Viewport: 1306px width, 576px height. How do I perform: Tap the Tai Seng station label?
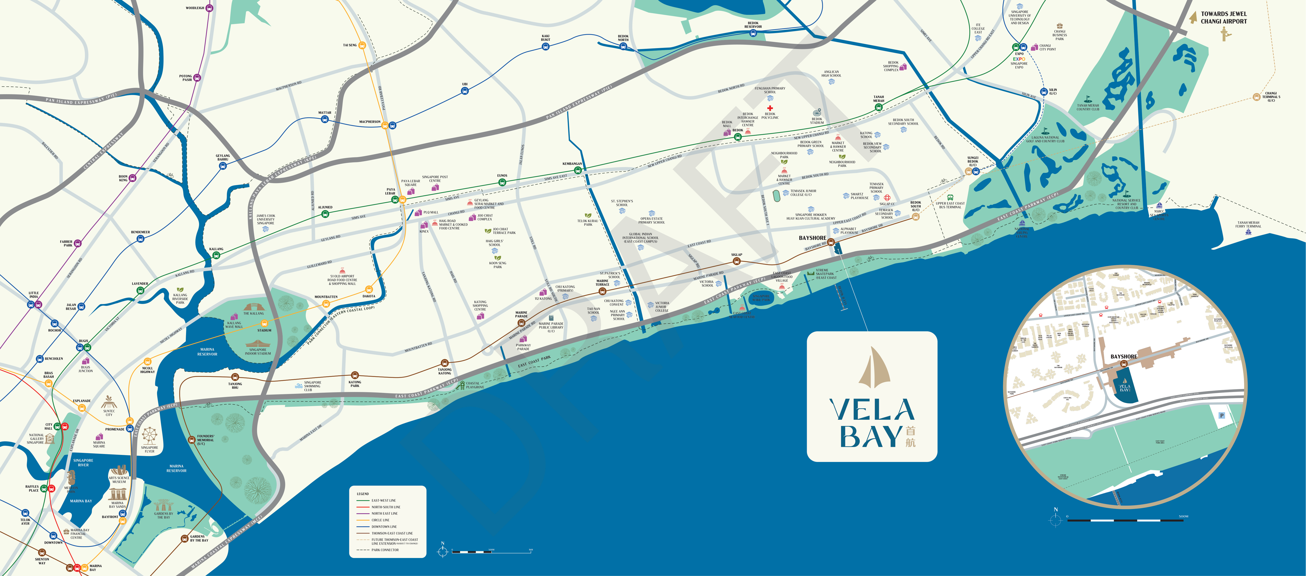click(350, 45)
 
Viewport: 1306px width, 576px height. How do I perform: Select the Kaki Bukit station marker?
click(546, 47)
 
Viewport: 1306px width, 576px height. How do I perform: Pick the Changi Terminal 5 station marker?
click(1256, 97)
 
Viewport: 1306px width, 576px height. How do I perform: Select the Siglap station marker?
click(737, 261)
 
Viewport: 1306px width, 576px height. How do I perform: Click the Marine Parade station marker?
click(521, 322)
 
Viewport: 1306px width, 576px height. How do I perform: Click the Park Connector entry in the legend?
click(385, 550)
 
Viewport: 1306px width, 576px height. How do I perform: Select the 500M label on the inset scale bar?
click(1183, 516)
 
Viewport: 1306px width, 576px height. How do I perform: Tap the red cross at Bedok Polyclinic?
click(770, 108)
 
